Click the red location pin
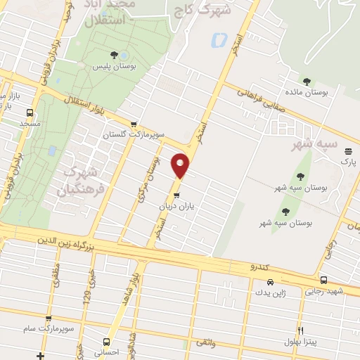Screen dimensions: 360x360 point(181,165)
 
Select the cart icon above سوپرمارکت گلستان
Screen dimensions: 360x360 point(144,123)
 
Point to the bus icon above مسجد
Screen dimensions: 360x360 point(30,112)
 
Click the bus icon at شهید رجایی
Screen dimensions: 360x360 point(323,280)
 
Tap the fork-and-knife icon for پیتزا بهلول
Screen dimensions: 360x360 point(301,330)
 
